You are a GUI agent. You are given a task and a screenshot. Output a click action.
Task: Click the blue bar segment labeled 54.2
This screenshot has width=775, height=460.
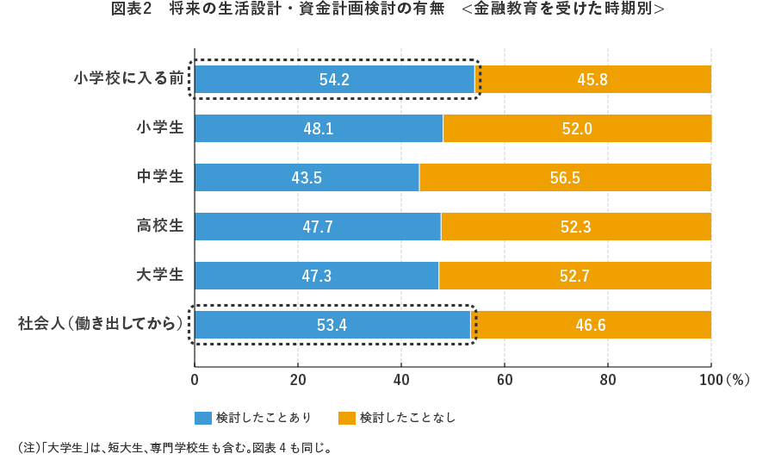pyautogui.click(x=334, y=79)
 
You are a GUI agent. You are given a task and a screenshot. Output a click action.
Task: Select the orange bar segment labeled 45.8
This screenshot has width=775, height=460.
pyautogui.click(x=593, y=79)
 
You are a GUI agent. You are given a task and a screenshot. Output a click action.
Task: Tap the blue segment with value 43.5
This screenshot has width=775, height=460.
pyautogui.click(x=307, y=177)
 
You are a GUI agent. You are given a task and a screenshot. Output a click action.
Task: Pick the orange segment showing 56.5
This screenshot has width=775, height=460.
pyautogui.click(x=565, y=177)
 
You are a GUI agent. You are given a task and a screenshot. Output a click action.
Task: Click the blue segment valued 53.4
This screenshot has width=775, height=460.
pyautogui.click(x=332, y=325)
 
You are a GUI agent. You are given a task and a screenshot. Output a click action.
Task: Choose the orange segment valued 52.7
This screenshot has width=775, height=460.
pyautogui.click(x=575, y=276)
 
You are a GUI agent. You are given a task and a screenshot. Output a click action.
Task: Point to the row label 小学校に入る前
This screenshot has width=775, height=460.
pyautogui.click(x=129, y=79)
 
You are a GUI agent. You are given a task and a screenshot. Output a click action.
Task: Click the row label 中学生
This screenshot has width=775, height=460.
pyautogui.click(x=160, y=177)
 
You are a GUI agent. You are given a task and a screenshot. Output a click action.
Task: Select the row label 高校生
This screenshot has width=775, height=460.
pyautogui.click(x=160, y=226)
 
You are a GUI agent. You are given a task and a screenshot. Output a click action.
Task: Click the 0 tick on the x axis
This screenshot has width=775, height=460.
pyautogui.click(x=195, y=379)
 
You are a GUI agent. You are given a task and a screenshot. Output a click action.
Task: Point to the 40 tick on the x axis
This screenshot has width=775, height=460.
pyautogui.click(x=401, y=379)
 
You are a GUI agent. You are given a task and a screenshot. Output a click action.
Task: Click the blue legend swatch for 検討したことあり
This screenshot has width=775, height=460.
pyautogui.click(x=203, y=418)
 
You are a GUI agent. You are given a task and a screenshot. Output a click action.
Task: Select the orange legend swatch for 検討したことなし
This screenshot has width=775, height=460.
pyautogui.click(x=347, y=418)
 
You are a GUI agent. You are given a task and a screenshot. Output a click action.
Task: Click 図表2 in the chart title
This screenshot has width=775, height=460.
pyautogui.click(x=132, y=9)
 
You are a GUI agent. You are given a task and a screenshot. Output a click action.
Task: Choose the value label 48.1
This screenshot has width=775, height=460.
pyautogui.click(x=319, y=128)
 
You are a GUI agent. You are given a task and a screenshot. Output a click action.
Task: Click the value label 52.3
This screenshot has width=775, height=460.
pyautogui.click(x=576, y=227)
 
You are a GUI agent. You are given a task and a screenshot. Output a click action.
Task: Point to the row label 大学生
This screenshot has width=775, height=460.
pyautogui.click(x=160, y=275)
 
